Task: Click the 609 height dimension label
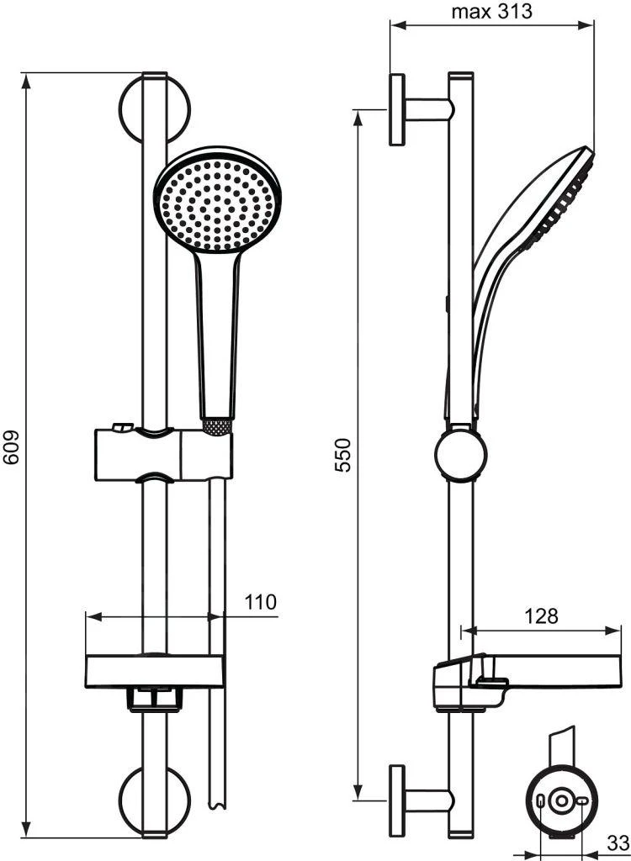(12, 457)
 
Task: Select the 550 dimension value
(344, 455)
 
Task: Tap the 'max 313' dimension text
(492, 12)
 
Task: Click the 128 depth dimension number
(541, 616)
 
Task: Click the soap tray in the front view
(155, 668)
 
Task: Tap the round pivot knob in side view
(460, 457)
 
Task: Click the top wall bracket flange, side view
(396, 110)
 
